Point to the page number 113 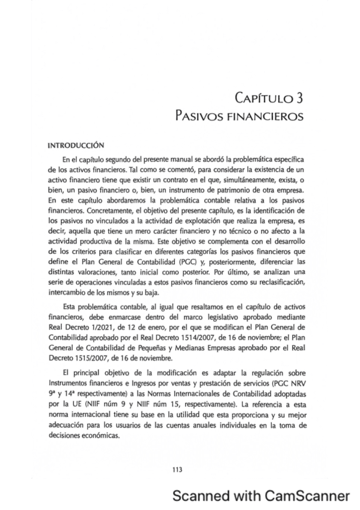(177, 469)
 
